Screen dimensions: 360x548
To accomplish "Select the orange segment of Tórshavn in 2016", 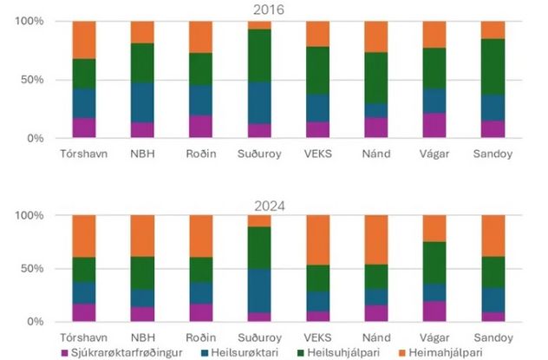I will pos(84,40).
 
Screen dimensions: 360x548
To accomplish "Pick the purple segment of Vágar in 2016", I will pos(434,125).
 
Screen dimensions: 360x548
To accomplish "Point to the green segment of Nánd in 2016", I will pos(376,78).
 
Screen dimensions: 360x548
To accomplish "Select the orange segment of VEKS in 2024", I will pos(317,240).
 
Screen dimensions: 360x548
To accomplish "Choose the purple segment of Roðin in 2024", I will pos(201,312).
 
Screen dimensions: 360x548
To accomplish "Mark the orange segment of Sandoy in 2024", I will pos(493,236).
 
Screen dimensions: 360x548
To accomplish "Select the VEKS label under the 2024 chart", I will pos(317,336).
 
